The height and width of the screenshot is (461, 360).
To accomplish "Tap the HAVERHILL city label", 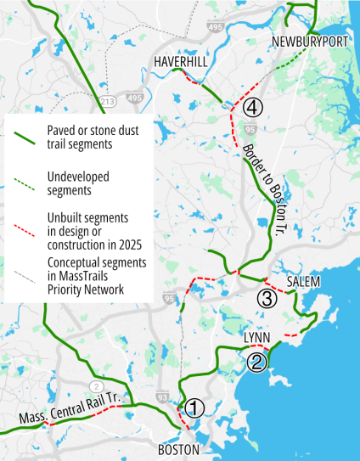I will pyautogui.click(x=180, y=62).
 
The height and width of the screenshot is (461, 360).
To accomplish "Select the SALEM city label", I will pyautogui.click(x=303, y=281).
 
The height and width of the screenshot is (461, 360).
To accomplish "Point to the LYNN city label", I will pyautogui.click(x=256, y=338).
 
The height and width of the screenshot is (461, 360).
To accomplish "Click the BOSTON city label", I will pyautogui.click(x=178, y=449).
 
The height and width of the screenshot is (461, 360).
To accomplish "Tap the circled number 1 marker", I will pyautogui.click(x=194, y=408).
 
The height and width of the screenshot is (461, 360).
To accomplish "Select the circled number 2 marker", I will pyautogui.click(x=257, y=362).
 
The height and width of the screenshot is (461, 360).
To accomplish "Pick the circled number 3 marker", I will pyautogui.click(x=267, y=298).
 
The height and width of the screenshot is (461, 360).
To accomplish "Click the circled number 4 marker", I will pyautogui.click(x=253, y=108).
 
